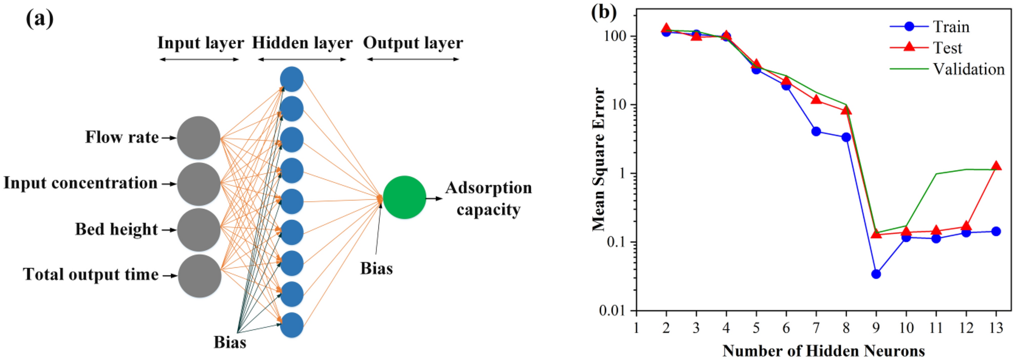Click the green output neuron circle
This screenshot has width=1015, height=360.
pos(404,197)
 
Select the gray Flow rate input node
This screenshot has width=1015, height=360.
pos(199,138)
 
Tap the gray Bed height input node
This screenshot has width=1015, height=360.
pos(199,230)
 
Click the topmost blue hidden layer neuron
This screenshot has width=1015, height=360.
pos(292,79)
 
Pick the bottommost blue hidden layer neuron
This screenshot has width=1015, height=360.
pos(292,325)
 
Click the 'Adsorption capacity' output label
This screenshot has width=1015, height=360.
pos(488,198)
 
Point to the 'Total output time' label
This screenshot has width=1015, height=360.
pos(91,275)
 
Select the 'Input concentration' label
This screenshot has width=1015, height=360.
pos(81,183)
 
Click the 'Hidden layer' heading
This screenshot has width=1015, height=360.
pos(302,43)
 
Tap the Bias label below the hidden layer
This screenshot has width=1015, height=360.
pos(230,342)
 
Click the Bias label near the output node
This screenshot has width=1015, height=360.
pos(376,268)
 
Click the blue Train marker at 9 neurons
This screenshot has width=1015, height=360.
pos(876,274)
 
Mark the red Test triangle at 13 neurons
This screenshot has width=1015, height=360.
pos(996,166)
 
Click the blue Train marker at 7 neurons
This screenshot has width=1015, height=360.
pos(816,131)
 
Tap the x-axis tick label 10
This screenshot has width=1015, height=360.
pos(906,328)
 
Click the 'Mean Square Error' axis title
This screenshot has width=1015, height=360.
pos(599,159)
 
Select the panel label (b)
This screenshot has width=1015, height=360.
pos(604,12)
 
